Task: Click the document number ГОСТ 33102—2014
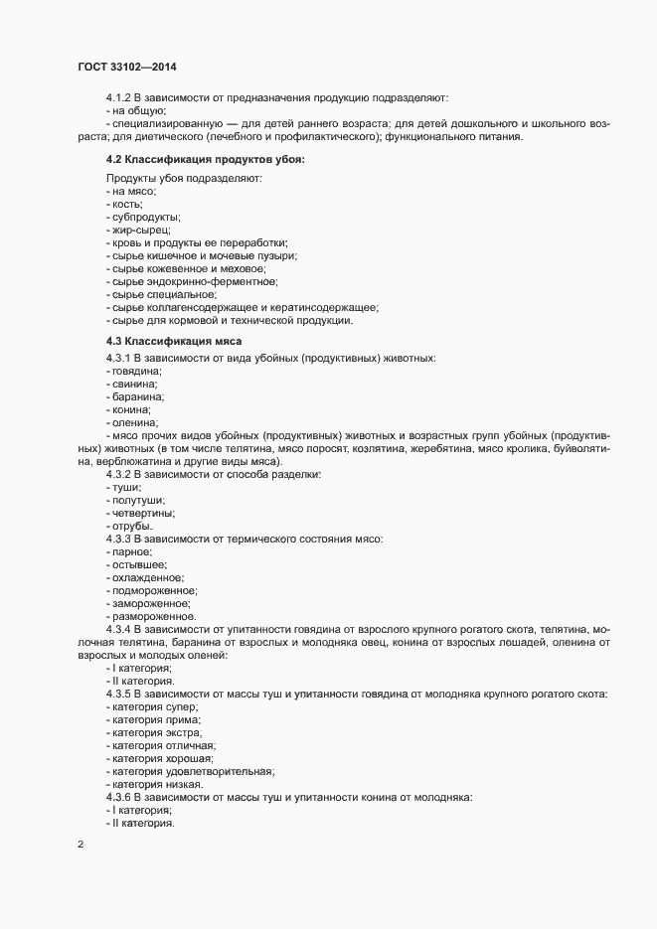(129, 67)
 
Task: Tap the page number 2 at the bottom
(81, 846)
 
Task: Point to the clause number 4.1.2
(123, 98)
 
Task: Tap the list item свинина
(135, 383)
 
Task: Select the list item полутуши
(138, 501)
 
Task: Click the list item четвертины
(143, 514)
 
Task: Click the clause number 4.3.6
(123, 797)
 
